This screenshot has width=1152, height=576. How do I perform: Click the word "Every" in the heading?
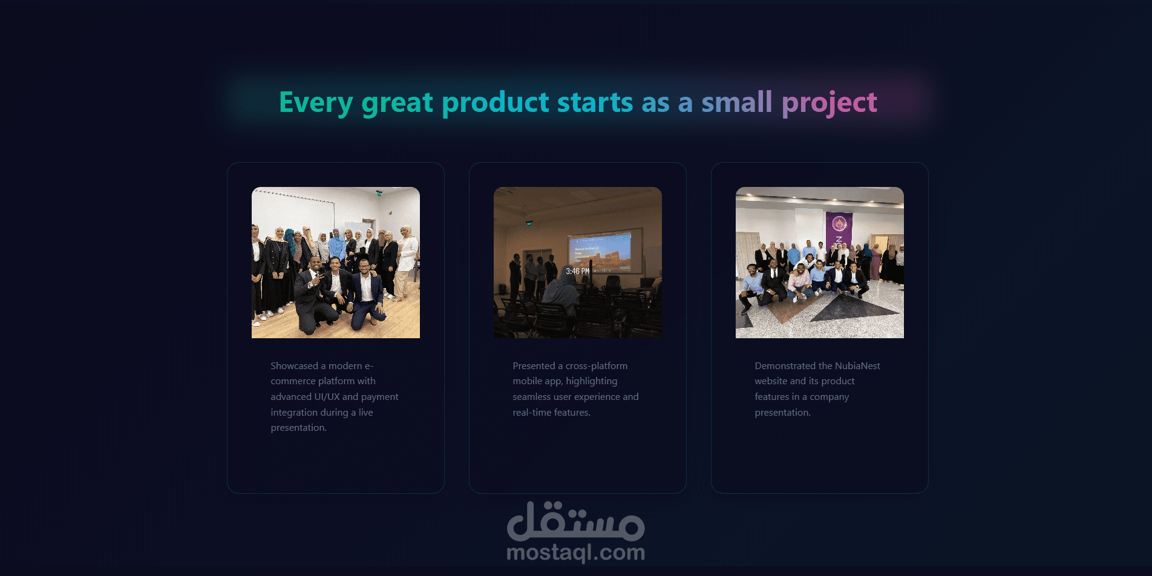pyautogui.click(x=316, y=103)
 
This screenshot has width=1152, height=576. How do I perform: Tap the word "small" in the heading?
pyautogui.click(x=736, y=102)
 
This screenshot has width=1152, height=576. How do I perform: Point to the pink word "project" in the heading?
pyautogui.click(x=830, y=103)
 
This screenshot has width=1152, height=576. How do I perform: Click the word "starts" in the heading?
pyautogui.click(x=595, y=102)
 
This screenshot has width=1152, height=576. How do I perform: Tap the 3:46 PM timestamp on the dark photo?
pyautogui.click(x=577, y=272)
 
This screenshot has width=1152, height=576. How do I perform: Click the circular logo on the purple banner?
pyautogui.click(x=839, y=224)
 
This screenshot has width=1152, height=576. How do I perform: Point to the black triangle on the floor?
pyautogui.click(x=854, y=308)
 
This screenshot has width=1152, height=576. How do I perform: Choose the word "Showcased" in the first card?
pyautogui.click(x=294, y=366)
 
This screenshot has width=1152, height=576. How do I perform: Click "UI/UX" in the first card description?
pyautogui.click(x=327, y=397)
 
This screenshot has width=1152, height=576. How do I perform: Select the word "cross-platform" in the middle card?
pyautogui.click(x=597, y=366)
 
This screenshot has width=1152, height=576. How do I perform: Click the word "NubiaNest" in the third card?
pyautogui.click(x=857, y=366)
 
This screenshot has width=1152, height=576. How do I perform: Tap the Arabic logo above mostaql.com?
pyautogui.click(x=576, y=522)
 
